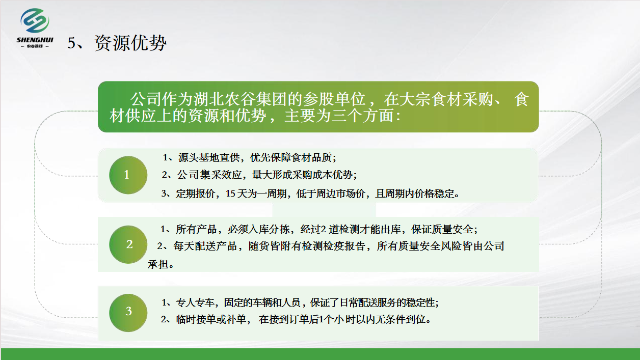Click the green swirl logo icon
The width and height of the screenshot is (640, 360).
tap(35, 20)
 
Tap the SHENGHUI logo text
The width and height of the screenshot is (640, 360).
tap(35, 40)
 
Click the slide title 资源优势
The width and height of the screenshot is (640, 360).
tap(130, 43)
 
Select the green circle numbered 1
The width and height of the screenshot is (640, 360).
tap(128, 175)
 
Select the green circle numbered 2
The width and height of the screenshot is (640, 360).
tap(128, 244)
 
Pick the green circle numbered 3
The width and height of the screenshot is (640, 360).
tap(128, 313)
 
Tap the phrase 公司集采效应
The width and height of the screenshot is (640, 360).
tap(209, 175)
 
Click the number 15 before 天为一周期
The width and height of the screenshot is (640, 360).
tap(230, 193)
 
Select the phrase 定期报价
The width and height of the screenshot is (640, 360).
tap(196, 193)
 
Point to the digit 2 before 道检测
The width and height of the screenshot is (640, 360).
tap(324, 229)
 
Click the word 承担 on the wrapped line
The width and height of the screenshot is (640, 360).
tap(158, 264)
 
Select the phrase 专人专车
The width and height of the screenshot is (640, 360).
tap(195, 302)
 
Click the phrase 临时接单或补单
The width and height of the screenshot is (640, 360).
tap(211, 319)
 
